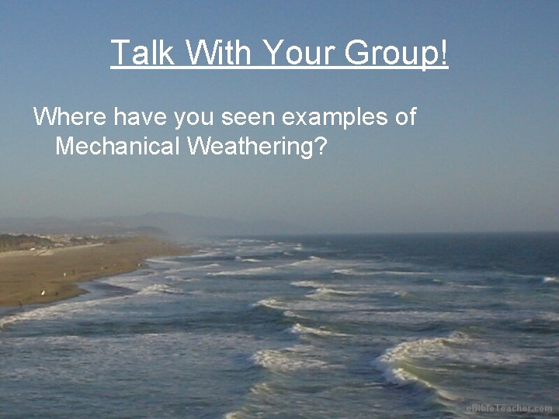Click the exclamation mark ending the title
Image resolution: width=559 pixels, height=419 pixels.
pyautogui.click(x=444, y=53)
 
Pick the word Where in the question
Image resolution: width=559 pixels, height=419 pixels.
pyautogui.click(x=70, y=117)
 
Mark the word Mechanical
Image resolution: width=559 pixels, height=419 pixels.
pyautogui.click(x=118, y=146)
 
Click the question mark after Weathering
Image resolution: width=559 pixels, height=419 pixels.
pyautogui.click(x=320, y=146)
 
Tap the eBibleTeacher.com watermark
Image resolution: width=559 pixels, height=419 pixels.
pyautogui.click(x=509, y=408)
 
